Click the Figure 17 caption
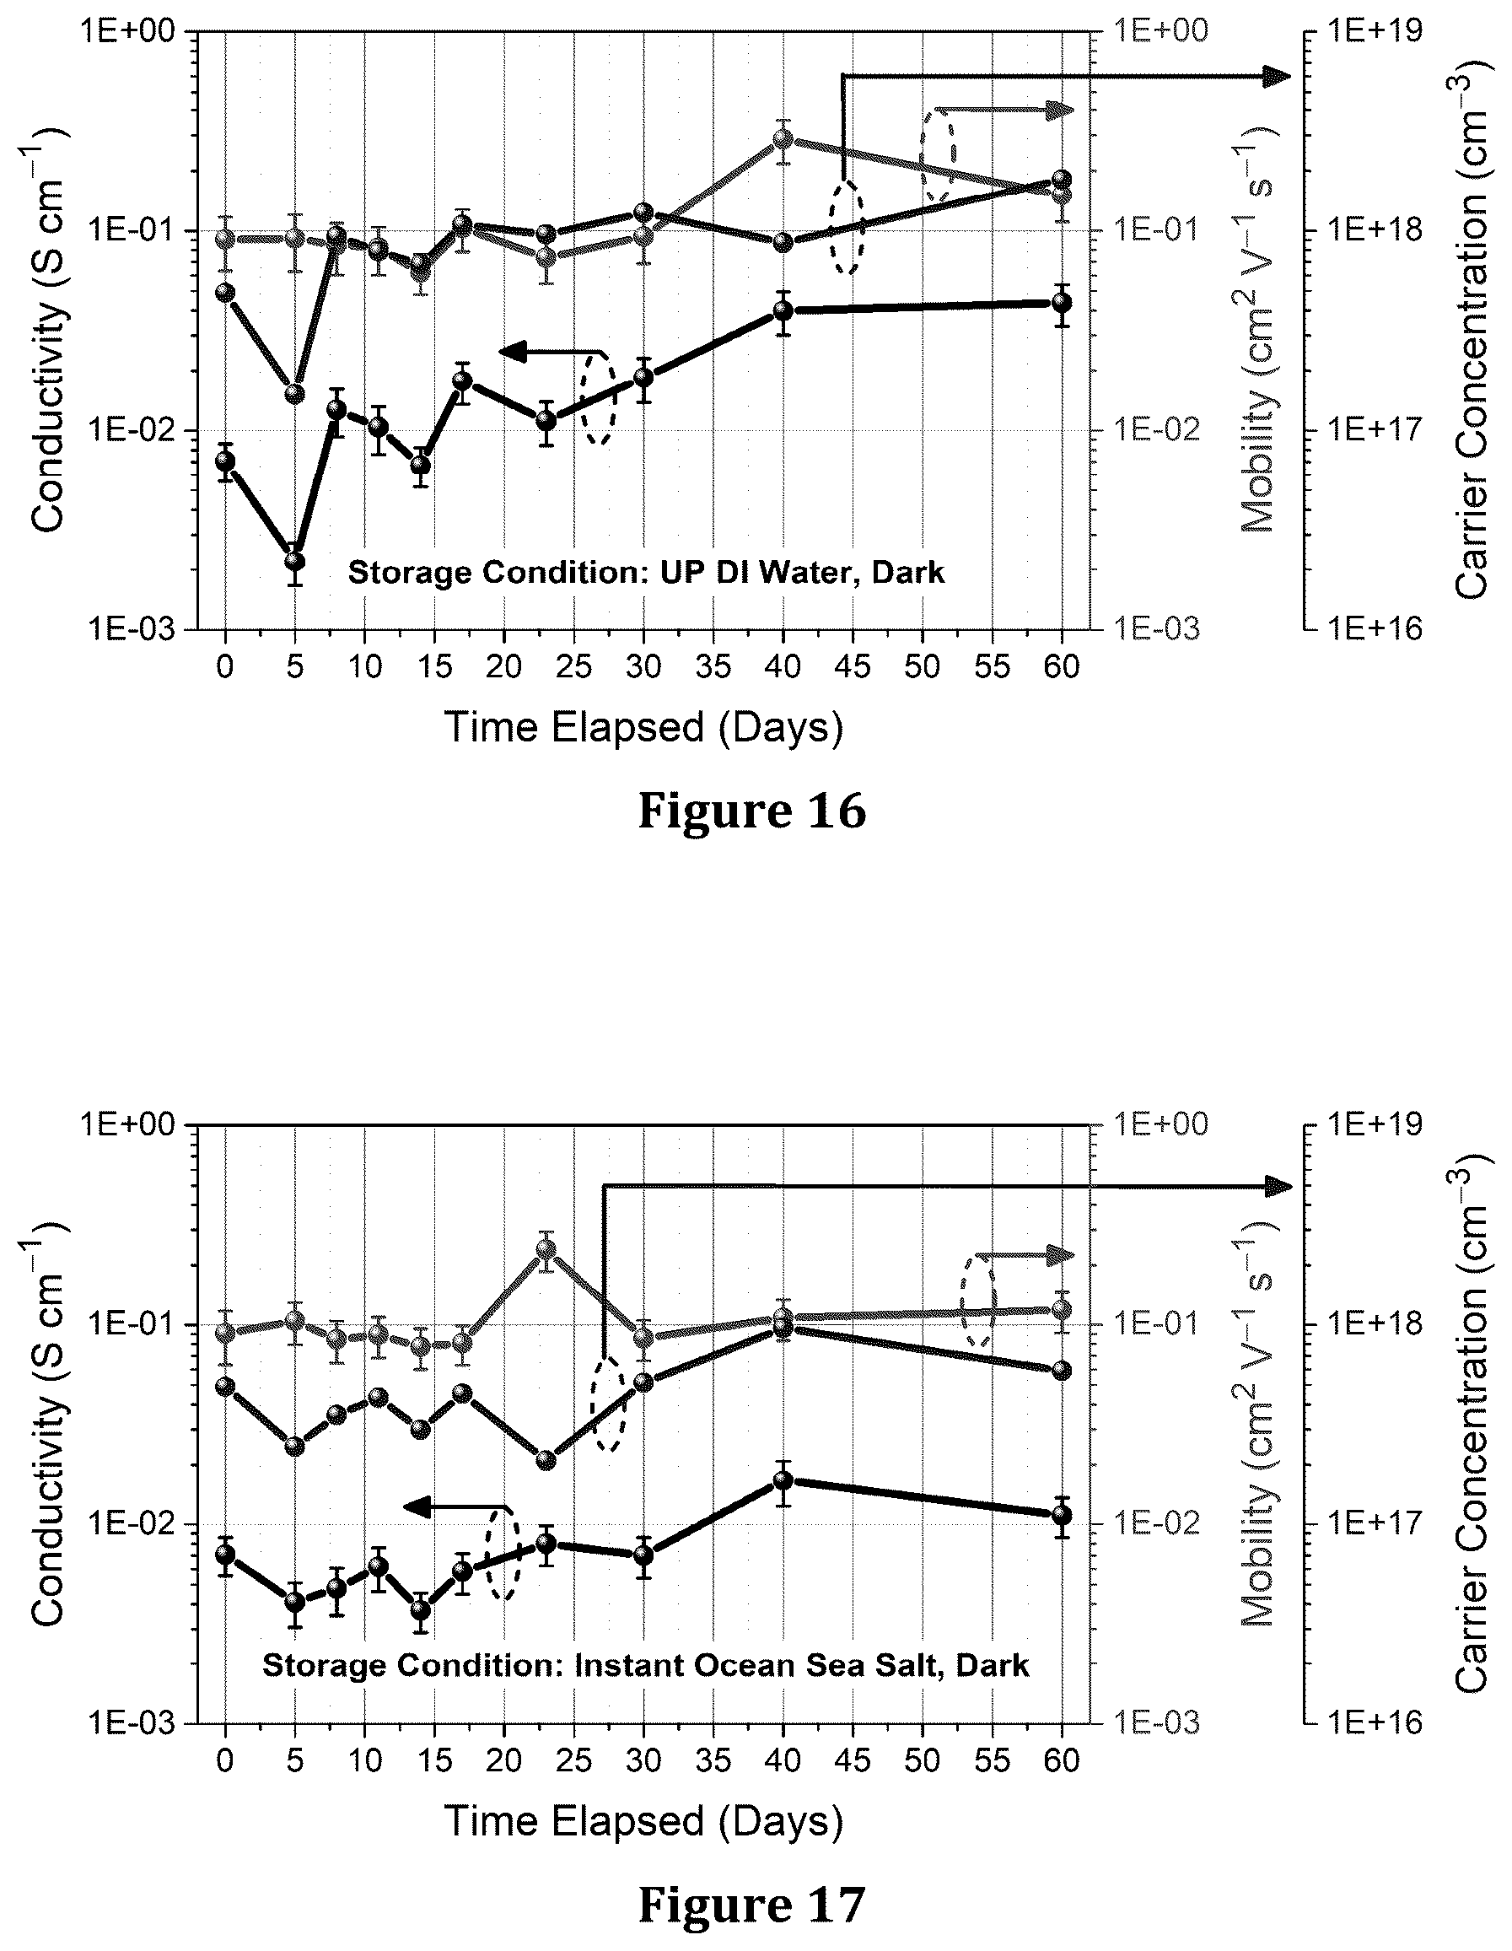pyautogui.click(x=752, y=1904)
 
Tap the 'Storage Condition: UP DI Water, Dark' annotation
pyautogui.click(x=646, y=573)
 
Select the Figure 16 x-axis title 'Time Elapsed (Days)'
pyautogui.click(x=643, y=727)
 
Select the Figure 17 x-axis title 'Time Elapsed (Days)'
pyautogui.click(x=643, y=1821)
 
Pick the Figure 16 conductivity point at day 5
pyautogui.click(x=294, y=561)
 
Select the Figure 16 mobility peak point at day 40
pyautogui.click(x=783, y=138)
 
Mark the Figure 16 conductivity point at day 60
pyautogui.click(x=1062, y=303)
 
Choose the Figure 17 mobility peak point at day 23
pyautogui.click(x=546, y=1249)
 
